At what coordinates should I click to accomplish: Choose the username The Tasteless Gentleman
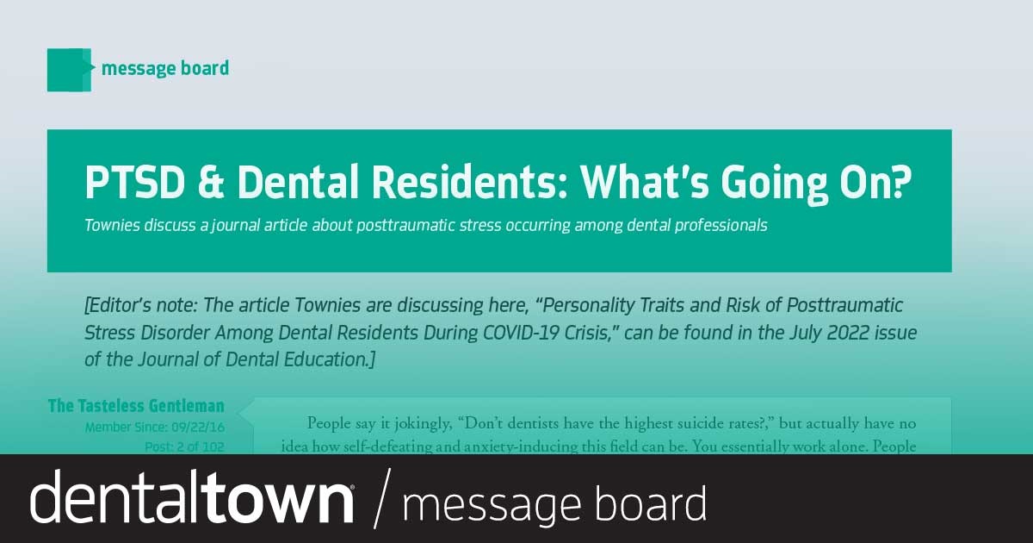pos(136,406)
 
